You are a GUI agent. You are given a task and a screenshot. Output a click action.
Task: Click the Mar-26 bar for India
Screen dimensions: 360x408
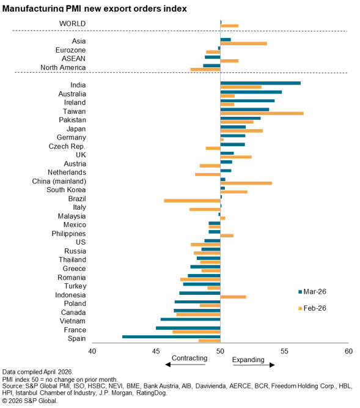pos(260,83)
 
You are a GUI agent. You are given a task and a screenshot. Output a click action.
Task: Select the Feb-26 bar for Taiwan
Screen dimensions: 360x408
pos(262,113)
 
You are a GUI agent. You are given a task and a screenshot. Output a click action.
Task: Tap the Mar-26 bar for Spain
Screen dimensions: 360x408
pos(171,336)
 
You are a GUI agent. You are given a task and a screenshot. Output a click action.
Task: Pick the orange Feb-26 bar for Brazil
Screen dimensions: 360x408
pos(192,201)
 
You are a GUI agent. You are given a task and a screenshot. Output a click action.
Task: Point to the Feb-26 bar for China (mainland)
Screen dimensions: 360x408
pos(246,183)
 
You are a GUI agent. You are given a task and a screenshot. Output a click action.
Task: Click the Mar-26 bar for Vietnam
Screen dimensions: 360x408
pos(191,319)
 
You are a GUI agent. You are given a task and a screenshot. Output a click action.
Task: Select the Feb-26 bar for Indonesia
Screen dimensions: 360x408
pos(233,297)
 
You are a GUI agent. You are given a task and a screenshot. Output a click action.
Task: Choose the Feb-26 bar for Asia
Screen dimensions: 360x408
pos(243,43)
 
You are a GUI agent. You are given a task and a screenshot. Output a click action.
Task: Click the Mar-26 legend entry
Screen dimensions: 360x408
pos(312,291)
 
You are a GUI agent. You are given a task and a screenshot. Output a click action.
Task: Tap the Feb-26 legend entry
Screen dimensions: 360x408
pos(312,308)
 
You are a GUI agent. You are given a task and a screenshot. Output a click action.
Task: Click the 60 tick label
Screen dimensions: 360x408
pos(348,351)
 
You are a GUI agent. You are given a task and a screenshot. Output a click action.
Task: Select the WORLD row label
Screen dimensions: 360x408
pos(73,24)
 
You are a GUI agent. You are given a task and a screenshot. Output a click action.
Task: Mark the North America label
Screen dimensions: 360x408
pos(63,68)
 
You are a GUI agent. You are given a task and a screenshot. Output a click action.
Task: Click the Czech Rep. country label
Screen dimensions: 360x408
pos(67,146)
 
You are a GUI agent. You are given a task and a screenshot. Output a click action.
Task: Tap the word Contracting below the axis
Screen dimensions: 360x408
pos(189,358)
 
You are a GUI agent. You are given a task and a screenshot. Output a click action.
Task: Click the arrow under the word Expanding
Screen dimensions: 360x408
pos(254,365)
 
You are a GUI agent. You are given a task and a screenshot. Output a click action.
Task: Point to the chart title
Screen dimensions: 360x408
pos(94,9)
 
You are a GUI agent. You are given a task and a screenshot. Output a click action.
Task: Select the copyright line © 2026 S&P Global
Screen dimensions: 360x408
pos(29,401)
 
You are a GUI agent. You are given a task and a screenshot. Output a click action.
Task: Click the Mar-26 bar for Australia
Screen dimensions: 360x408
pos(251,92)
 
